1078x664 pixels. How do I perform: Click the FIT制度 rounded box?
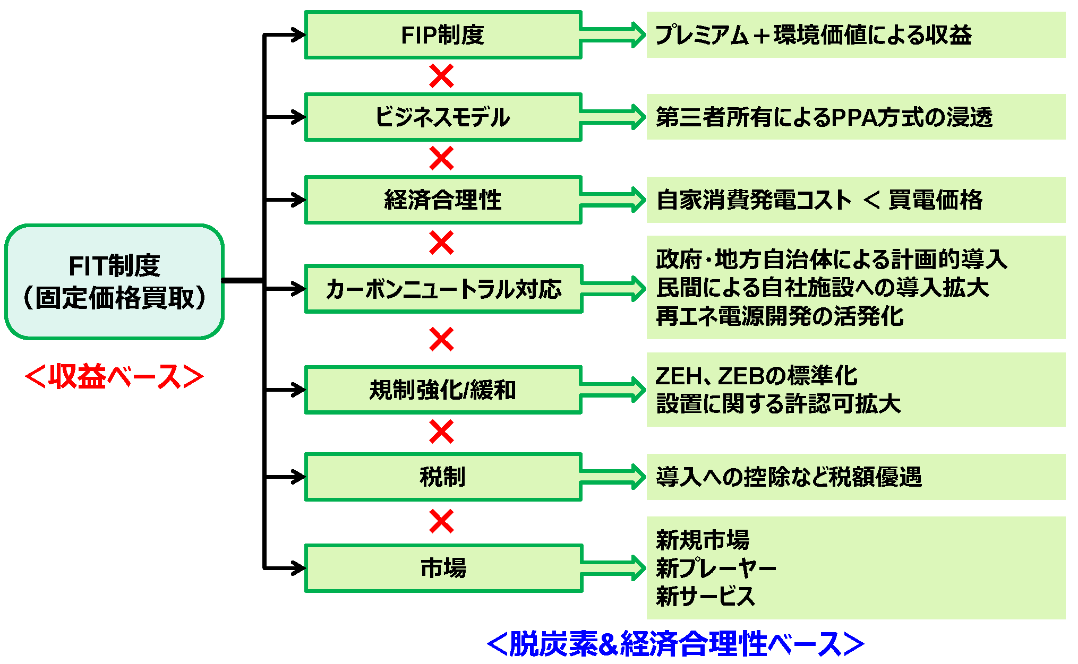click(x=114, y=281)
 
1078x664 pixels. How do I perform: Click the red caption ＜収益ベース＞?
click(x=114, y=376)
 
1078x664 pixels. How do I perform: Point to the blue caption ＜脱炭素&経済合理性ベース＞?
click(x=675, y=643)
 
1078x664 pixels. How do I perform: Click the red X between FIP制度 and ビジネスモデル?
click(x=441, y=76)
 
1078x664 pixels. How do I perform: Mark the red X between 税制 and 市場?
click(x=441, y=521)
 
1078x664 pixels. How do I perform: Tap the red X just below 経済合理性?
click(x=441, y=243)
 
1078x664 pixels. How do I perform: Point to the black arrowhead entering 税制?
click(x=297, y=477)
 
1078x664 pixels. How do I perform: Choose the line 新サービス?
click(x=705, y=596)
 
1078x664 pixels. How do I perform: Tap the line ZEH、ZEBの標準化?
click(x=756, y=376)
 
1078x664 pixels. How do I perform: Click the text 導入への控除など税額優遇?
click(x=789, y=477)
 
